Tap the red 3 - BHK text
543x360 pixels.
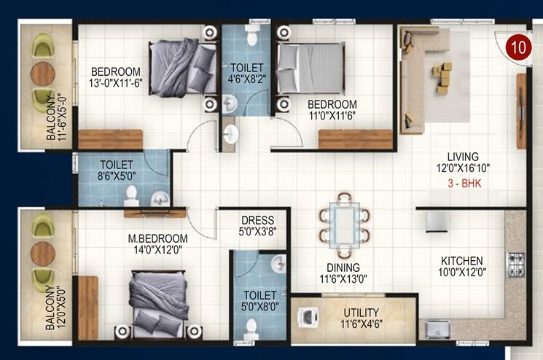(464, 184)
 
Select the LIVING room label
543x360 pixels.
(464, 157)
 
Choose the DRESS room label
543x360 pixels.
(257, 220)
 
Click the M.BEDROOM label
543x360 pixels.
(157, 238)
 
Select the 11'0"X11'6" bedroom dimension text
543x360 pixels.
(332, 116)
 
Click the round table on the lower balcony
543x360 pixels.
(43, 252)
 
